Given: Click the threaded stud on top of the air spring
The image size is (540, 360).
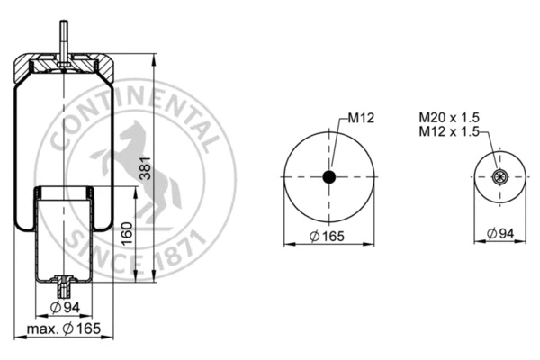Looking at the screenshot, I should pyautogui.click(x=63, y=39).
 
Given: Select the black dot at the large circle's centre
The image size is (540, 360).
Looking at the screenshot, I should pyautogui.click(x=329, y=177).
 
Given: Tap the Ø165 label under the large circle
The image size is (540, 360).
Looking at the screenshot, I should pyautogui.click(x=329, y=236).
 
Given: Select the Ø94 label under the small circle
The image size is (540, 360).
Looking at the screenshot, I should pyautogui.click(x=501, y=235).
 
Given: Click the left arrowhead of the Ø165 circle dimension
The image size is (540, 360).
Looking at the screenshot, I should pyautogui.click(x=286, y=243).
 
